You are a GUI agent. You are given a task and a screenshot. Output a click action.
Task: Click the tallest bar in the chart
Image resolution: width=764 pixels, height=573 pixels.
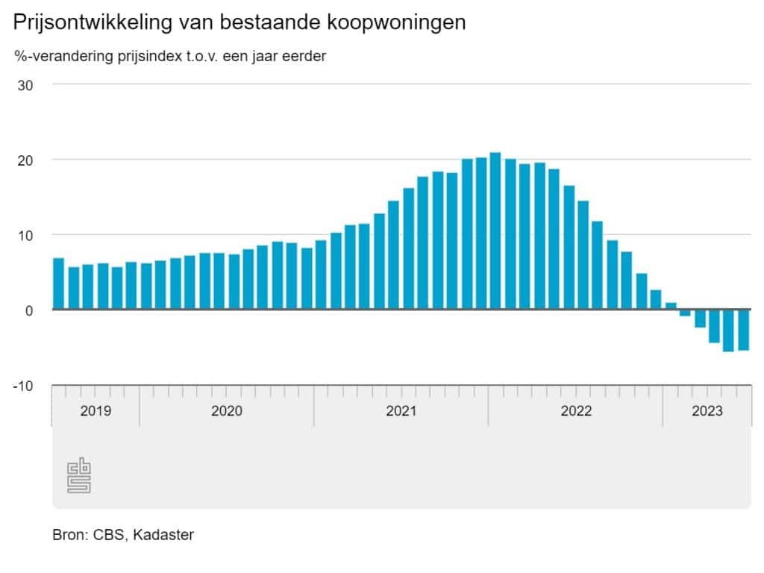coord(495,231)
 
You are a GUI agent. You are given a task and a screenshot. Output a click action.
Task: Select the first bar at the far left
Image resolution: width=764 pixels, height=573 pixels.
coord(58,284)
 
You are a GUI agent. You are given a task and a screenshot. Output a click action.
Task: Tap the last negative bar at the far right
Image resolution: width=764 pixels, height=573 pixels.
coord(743,330)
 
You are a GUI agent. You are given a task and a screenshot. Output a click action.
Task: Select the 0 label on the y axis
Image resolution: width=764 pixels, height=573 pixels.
coord(30,310)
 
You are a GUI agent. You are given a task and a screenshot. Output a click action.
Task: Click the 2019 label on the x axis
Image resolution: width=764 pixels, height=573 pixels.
coord(95,411)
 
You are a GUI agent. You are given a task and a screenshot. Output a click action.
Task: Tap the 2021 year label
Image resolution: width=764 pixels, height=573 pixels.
coord(401,411)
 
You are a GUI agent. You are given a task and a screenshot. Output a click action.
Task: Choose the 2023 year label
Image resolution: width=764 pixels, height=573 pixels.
coord(707,411)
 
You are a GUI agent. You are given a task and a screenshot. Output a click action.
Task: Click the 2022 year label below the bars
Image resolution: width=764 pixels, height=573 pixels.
coord(576,411)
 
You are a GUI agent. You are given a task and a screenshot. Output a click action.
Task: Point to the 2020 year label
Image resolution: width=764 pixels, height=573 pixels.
coord(227,411)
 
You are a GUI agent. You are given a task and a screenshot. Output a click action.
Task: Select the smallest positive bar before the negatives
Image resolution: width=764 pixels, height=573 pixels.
coord(670,306)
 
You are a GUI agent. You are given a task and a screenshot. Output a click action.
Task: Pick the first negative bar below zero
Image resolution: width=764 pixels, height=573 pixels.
coord(685,313)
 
